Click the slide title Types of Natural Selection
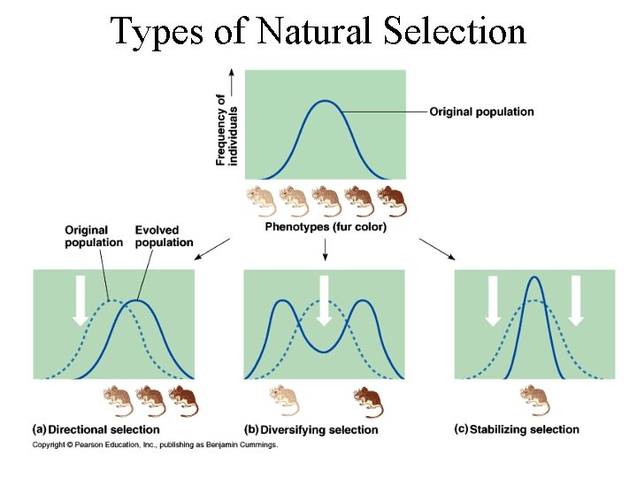pos(318,31)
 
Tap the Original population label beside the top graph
pos(481,112)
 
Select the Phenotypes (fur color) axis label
pos(326,227)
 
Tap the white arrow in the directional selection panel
pos(81,300)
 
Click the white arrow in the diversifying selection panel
pos(324,300)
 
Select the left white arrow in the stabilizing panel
pos(494,300)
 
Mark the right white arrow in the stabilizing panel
pos(576,300)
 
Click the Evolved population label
pos(164,236)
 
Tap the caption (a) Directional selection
pos(85,429)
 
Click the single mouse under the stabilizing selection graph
pos(533,401)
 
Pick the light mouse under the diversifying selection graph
pos(283,401)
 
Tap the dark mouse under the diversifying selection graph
pos(367,401)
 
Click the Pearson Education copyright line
pos(155,444)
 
